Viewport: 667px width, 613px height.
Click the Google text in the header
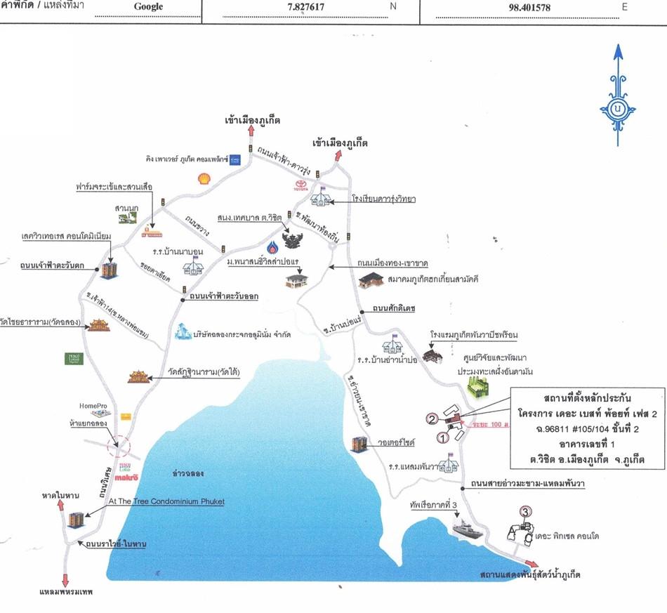coord(147,7)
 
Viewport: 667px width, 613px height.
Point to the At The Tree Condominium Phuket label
coord(166,501)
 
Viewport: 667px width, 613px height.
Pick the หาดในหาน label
coord(60,496)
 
